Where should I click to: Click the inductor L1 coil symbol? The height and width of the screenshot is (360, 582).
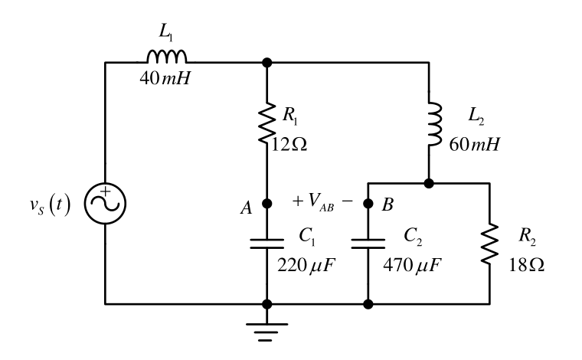point(167,56)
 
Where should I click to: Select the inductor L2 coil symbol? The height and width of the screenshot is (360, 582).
point(435,124)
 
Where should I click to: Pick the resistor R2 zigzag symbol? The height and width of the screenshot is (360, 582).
point(489,244)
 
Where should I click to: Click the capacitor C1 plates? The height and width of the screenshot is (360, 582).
point(266,244)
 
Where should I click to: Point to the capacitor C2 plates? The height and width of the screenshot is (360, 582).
point(368,244)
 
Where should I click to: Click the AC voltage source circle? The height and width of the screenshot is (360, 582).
point(105,204)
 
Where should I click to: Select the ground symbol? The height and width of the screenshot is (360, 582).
point(266,332)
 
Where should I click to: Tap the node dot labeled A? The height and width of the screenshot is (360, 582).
point(266,204)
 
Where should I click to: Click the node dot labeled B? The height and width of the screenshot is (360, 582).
point(368,204)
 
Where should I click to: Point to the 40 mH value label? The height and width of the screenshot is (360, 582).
point(165,78)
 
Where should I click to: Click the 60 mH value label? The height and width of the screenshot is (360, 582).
point(474,144)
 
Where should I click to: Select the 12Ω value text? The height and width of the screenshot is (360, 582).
point(289,144)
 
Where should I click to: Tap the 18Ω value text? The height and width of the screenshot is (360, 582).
point(526,265)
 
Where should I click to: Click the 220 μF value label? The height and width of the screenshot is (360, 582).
point(306,265)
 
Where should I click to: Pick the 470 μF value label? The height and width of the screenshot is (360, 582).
point(412,265)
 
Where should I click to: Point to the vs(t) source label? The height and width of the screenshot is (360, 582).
point(50,205)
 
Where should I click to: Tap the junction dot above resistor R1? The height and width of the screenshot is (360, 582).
point(266,62)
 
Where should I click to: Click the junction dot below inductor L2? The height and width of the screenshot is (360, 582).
point(429,183)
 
